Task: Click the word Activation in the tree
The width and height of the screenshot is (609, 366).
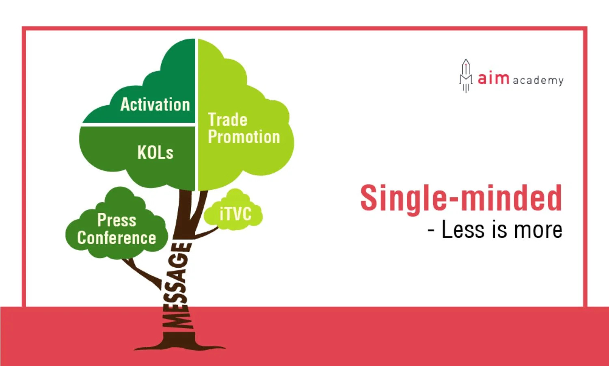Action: coord(155,104)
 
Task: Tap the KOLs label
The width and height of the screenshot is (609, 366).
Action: coord(155,152)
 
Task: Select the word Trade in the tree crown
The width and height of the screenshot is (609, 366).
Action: coord(227,120)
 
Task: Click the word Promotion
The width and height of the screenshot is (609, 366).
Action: coord(244,136)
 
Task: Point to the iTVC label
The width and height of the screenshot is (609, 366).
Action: coord(235,214)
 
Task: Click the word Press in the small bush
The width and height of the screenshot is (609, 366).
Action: coord(117,220)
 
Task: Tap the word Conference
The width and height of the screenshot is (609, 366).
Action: coord(117,238)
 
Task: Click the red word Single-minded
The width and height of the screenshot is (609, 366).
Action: coord(461,199)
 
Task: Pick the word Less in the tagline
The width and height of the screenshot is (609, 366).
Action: coord(463,230)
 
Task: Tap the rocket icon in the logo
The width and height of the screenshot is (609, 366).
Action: coord(466,76)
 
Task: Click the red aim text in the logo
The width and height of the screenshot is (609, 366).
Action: coord(493,78)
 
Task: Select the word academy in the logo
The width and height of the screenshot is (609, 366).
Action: coord(538,81)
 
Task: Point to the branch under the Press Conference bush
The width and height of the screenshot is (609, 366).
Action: coord(143,273)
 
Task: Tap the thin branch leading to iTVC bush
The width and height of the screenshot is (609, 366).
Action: coord(207,233)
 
